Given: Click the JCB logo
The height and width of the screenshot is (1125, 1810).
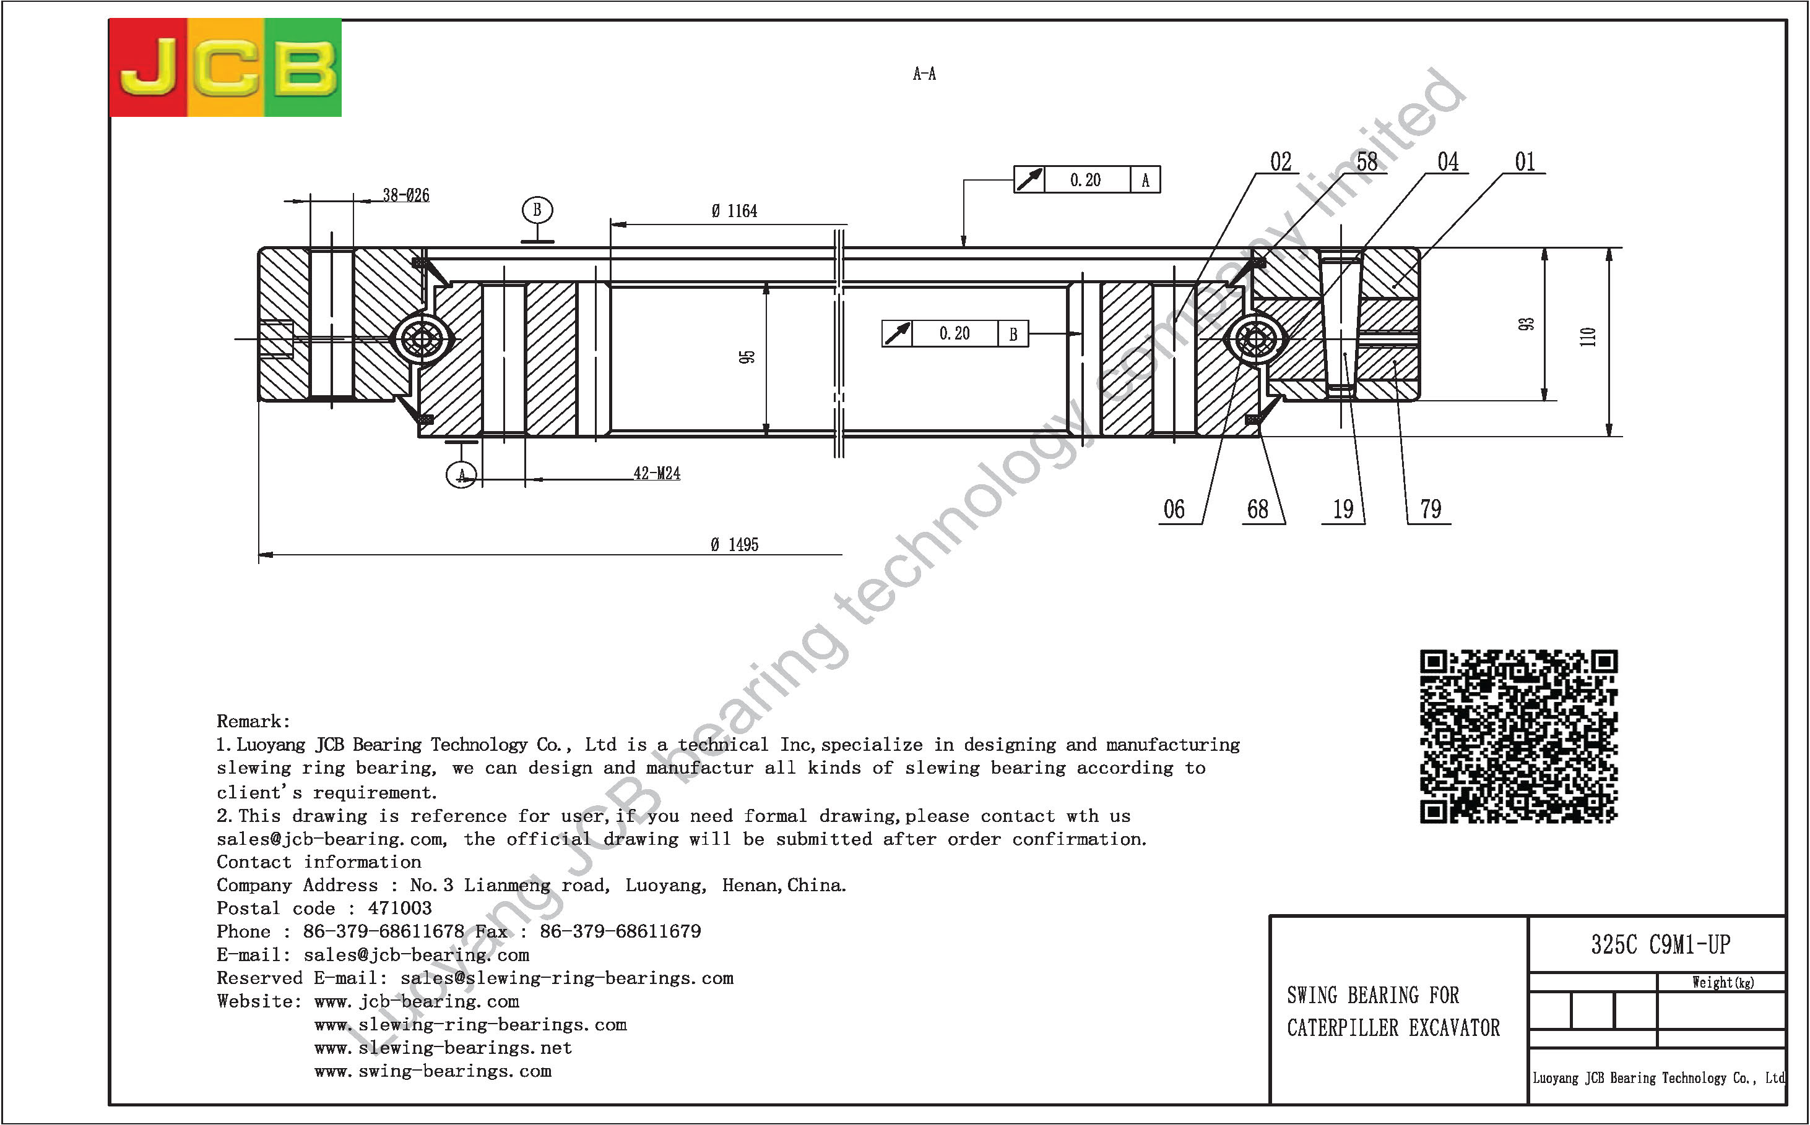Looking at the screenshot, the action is [x=225, y=67].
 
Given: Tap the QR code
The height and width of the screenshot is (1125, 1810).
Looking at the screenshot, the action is [x=1519, y=737].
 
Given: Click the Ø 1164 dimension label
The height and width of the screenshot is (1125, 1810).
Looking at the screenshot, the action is [x=734, y=212].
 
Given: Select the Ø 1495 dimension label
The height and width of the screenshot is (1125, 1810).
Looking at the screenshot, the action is [x=734, y=545].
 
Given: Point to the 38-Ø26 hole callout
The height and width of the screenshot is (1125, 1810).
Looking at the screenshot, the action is [x=406, y=195].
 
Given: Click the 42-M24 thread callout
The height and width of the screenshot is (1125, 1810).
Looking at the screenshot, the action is [x=657, y=473].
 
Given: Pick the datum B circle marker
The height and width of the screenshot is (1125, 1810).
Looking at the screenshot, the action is [x=537, y=210].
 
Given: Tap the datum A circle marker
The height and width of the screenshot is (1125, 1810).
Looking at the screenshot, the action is [x=462, y=475].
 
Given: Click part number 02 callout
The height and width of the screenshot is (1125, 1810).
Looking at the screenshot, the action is [x=1281, y=161].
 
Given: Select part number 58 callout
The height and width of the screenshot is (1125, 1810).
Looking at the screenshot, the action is [x=1367, y=161].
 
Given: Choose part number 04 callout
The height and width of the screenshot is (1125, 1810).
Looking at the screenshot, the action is [x=1448, y=161].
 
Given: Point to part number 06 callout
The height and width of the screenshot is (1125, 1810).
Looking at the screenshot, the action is [x=1174, y=510].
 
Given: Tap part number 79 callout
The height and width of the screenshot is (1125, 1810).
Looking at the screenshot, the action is [x=1431, y=510].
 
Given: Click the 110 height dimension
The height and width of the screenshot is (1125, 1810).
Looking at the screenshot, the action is [x=1588, y=337].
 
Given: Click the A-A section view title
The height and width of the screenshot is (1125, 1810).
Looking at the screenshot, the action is [x=924, y=74].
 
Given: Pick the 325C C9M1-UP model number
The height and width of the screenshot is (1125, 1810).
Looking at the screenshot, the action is [x=1661, y=945].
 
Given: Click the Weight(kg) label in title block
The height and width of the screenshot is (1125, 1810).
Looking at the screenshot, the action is [x=1723, y=983].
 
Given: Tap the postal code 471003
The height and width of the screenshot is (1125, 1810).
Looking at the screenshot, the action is [x=400, y=909].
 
